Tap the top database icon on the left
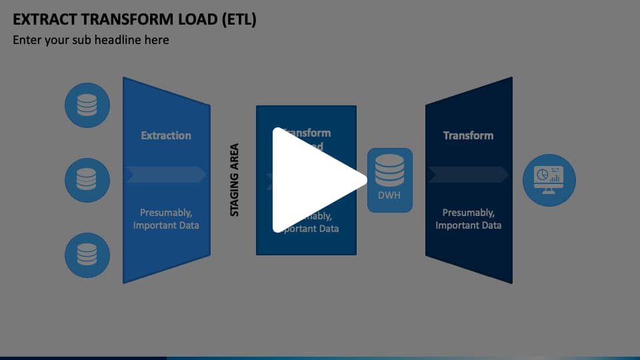[x=87, y=105]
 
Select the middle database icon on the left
[x=87, y=180]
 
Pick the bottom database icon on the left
[x=87, y=255]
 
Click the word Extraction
[x=166, y=135]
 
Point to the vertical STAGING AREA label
[x=235, y=180]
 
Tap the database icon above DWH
[x=390, y=171]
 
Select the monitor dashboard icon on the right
[x=549, y=179]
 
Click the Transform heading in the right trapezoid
[x=468, y=135]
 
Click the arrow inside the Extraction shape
[x=166, y=175]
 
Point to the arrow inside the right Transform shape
[x=468, y=175]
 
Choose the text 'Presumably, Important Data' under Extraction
[x=166, y=219]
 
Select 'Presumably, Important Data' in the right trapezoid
[x=468, y=219]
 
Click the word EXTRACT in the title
[x=41, y=19]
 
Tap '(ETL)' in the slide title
[x=237, y=19]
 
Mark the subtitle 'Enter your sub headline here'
[x=91, y=40]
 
